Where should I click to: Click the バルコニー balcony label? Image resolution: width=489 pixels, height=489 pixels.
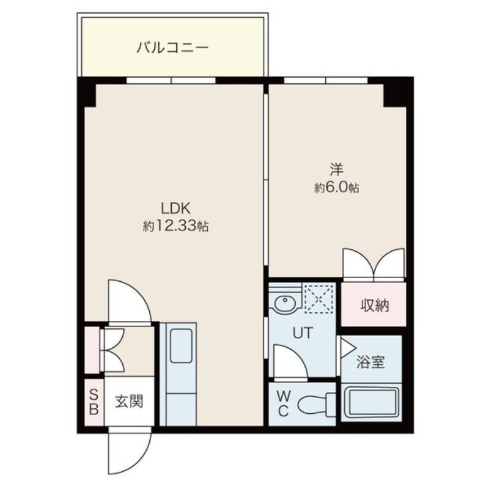point(173,46)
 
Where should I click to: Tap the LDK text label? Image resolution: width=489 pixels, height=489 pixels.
point(175,207)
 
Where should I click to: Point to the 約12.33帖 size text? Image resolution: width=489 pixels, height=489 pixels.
point(176,226)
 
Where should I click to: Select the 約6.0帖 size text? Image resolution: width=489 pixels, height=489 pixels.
point(336,188)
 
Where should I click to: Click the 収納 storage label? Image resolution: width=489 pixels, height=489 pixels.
point(373,306)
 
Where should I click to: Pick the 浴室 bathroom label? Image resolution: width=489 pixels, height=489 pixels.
point(371,362)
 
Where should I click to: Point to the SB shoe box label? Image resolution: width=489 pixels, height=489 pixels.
point(94,402)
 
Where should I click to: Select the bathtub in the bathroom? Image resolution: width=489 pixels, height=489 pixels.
point(372,403)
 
